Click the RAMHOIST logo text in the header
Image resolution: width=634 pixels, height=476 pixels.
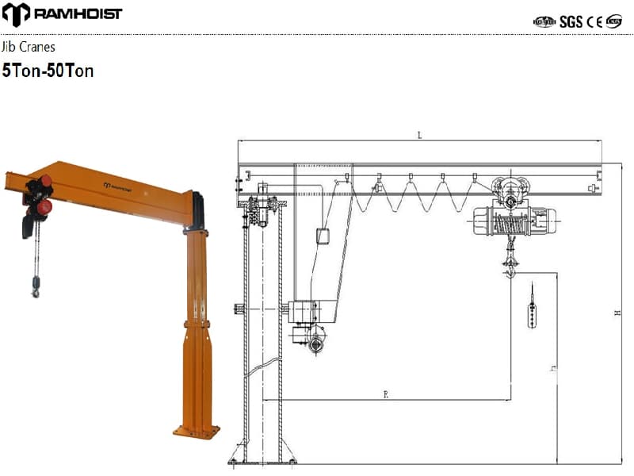pyautogui.click(x=78, y=13)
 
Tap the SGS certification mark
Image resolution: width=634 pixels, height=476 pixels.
pyautogui.click(x=571, y=21)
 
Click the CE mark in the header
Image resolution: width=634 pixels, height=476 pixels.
pyautogui.click(x=594, y=21)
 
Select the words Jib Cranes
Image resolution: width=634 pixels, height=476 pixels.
pyautogui.click(x=29, y=48)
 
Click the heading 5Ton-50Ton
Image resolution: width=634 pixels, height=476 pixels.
pyautogui.click(x=48, y=71)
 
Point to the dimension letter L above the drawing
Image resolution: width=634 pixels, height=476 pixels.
pyautogui.click(x=420, y=136)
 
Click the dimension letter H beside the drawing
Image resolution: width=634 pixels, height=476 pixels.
pyautogui.click(x=617, y=314)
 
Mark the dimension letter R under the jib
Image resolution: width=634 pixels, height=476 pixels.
pyautogui.click(x=385, y=393)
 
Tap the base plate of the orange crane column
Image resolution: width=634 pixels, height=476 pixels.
pyautogui.click(x=197, y=432)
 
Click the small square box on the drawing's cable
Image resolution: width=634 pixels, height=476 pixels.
pyautogui.click(x=323, y=236)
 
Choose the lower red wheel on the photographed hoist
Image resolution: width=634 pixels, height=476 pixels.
pyautogui.click(x=44, y=207)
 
